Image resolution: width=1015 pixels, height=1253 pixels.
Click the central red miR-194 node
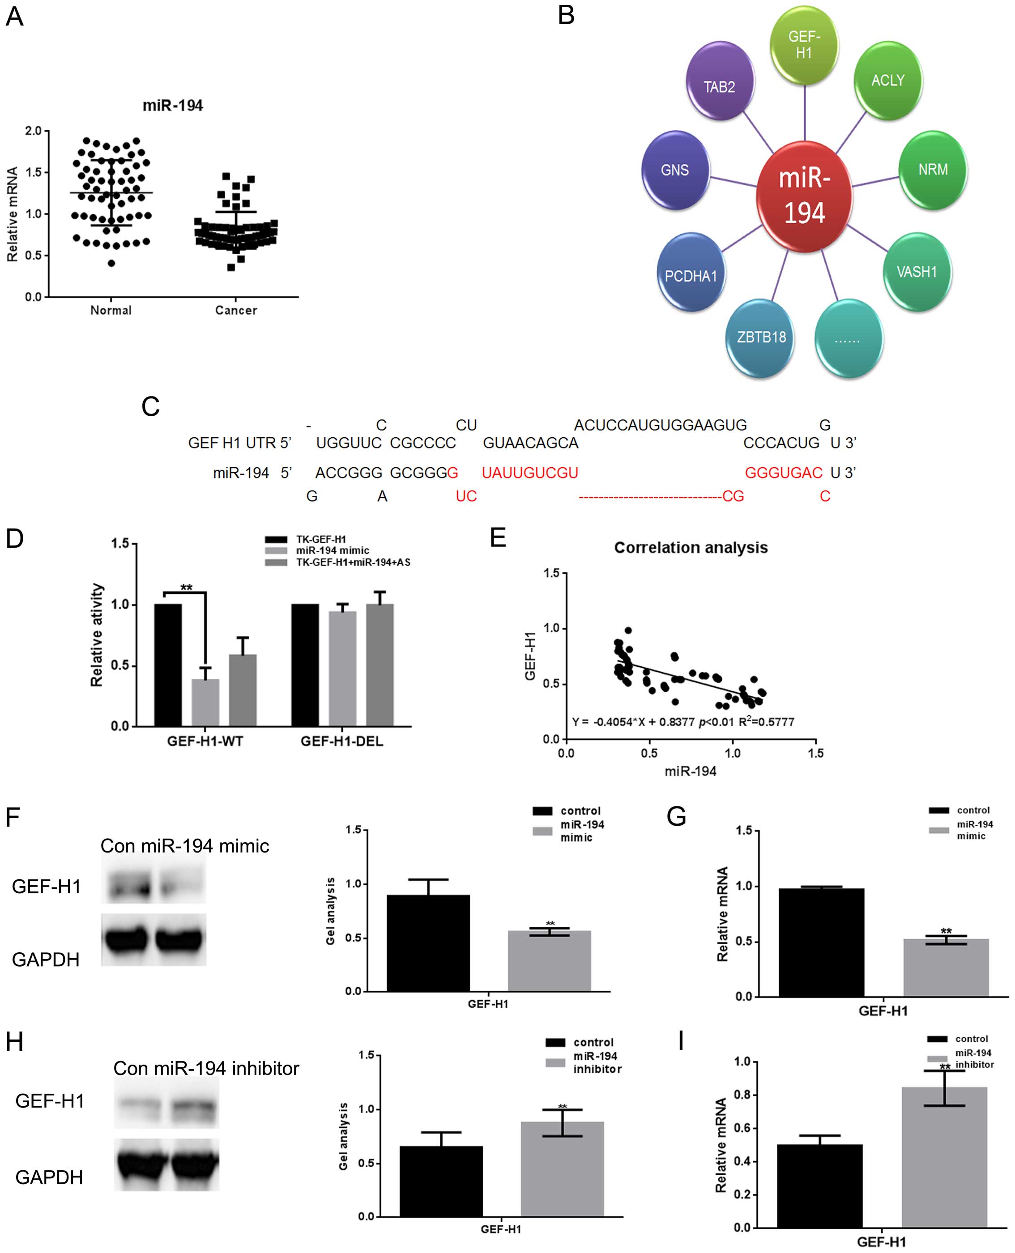(x=804, y=196)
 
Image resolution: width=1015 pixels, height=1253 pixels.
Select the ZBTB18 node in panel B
(x=761, y=337)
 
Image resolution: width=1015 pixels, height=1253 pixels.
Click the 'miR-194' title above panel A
(x=173, y=106)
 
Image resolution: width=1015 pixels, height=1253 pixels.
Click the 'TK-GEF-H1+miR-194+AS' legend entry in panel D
(x=353, y=563)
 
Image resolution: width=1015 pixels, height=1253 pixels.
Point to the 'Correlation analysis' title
(x=691, y=548)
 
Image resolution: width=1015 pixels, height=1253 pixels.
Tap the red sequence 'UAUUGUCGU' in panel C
(x=530, y=473)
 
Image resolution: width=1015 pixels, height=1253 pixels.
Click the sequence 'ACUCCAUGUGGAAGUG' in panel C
(x=660, y=425)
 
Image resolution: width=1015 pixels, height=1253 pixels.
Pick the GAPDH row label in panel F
(x=46, y=959)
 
